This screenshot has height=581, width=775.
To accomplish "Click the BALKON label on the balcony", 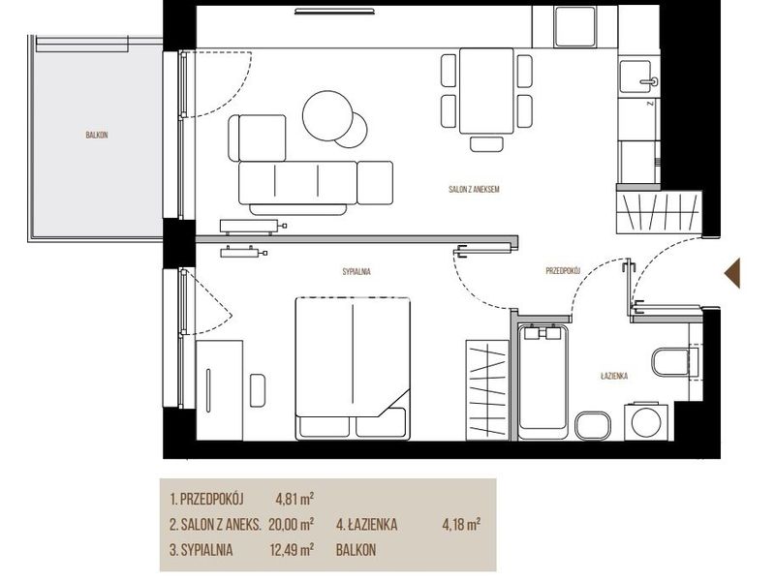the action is click(96, 135).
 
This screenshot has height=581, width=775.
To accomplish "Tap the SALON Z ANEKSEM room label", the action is click(474, 189).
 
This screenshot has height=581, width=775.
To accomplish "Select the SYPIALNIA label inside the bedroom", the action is click(356, 271).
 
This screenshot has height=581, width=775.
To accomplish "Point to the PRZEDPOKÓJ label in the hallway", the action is click(563, 271).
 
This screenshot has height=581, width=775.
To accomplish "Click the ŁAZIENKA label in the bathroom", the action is click(614, 376).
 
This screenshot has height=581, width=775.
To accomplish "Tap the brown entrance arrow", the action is click(732, 273).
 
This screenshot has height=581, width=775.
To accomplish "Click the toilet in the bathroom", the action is click(675, 362).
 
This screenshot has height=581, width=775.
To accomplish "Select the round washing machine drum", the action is click(646, 422).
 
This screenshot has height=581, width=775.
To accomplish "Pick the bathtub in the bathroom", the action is click(542, 382).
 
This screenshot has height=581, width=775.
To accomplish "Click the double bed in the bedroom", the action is click(353, 369).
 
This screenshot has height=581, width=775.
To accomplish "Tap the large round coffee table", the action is click(327, 115).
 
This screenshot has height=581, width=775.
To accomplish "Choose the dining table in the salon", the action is click(486, 90).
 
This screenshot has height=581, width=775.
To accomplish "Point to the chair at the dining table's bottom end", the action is click(486, 143).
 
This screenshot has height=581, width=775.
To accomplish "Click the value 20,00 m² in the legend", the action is click(292, 524).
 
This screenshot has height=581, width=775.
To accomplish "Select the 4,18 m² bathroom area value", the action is click(461, 524).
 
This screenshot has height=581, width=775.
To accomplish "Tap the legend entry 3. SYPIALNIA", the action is click(201, 550).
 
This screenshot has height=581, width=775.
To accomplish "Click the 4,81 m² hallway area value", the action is click(294, 499).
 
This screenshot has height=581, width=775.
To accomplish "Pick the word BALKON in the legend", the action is click(356, 550).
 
